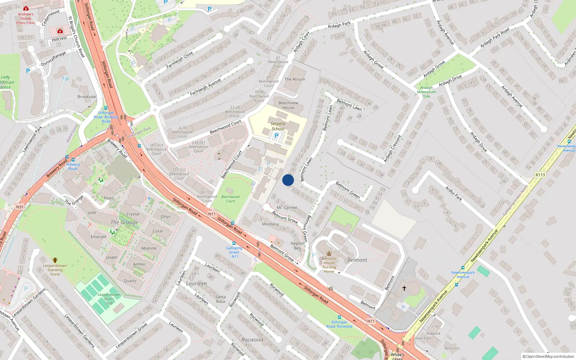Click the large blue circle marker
tap(288, 180)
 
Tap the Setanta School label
tap(278, 126)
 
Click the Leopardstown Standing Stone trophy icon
tap(55, 260)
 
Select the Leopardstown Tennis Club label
tap(109, 299)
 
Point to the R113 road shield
tap(540, 175)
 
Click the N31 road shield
tap(20, 207)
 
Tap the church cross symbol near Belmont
tap(404, 288)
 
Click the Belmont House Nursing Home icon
tap(329, 253)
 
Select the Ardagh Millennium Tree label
tap(426, 92)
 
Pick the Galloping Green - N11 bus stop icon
tap(234, 243)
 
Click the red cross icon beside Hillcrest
tap(60, 31)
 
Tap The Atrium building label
tap(294, 79)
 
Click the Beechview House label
tap(288, 105)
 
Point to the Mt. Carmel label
tap(287, 208)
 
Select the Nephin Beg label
tap(297, 246)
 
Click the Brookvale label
tap(87, 96)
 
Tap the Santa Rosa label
tap(220, 299)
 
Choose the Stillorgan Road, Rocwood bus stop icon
tap(339, 317)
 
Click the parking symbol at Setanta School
tap(276, 136)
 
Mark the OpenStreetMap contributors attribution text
tap(548, 357)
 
